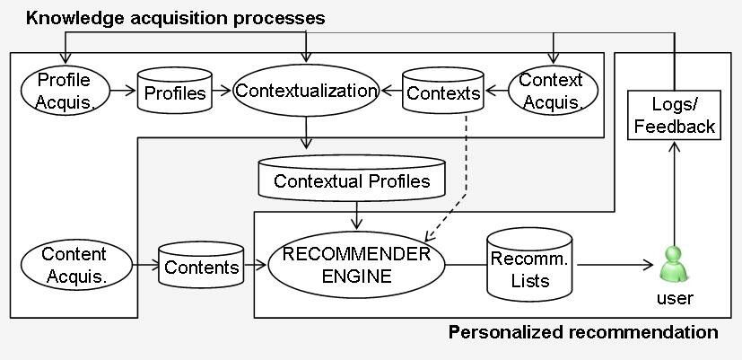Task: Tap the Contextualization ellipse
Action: [x=305, y=91]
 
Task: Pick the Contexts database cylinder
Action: [x=442, y=92]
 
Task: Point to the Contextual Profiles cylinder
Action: [x=352, y=181]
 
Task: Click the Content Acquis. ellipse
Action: [x=74, y=266]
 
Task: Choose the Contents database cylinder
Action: [x=201, y=267]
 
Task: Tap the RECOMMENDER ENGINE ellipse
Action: [x=356, y=265]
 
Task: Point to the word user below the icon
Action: [x=674, y=297]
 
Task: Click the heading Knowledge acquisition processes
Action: [x=175, y=18]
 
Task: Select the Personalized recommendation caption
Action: [x=582, y=333]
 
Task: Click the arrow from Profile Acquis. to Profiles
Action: [x=126, y=91]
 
